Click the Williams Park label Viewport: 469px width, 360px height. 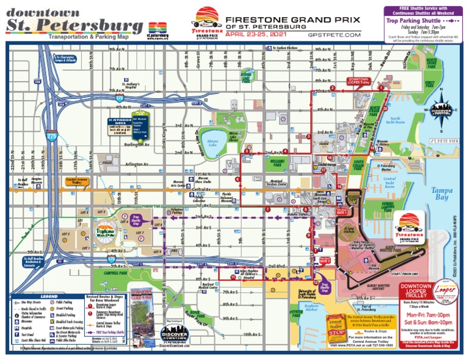(275, 164)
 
